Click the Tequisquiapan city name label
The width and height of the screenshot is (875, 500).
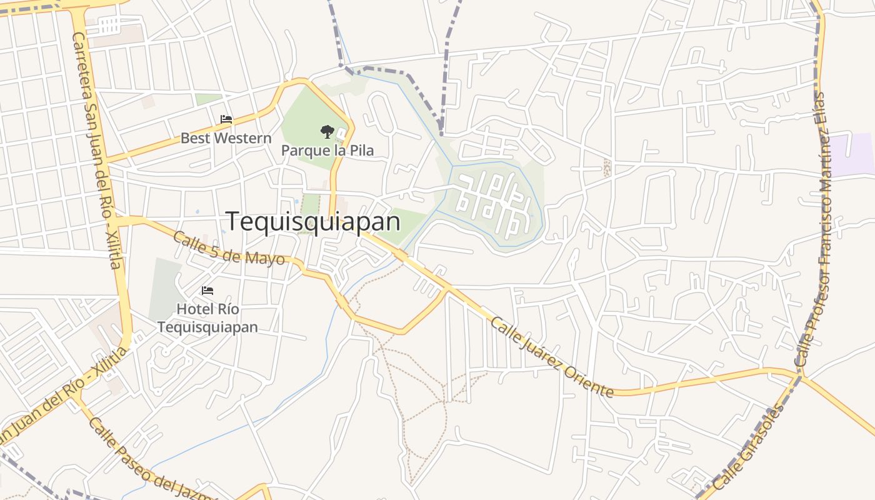coord(312,221)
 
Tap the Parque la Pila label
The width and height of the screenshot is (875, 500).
coord(327,151)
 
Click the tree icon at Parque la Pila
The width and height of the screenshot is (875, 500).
coord(327,131)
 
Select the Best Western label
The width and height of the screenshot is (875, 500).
coord(226,138)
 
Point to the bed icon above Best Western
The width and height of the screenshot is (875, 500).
coord(226,119)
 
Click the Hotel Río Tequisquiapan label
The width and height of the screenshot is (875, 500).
coord(207,318)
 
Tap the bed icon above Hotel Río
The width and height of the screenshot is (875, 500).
coord(207,291)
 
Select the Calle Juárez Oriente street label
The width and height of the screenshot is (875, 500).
coord(552,357)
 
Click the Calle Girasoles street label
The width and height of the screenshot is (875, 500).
coord(748,447)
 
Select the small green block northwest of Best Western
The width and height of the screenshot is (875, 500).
coord(208,99)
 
